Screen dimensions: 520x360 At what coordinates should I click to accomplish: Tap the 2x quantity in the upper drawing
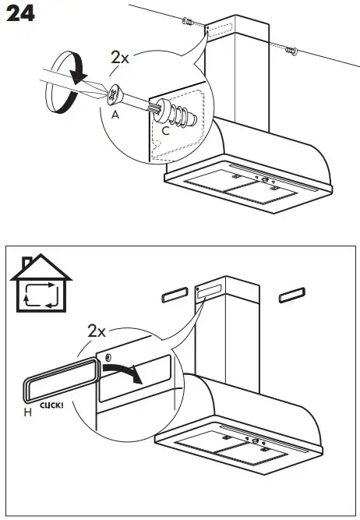click(121, 59)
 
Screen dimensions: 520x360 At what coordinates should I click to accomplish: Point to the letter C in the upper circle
click(164, 130)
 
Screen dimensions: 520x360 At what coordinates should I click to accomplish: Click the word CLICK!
click(51, 406)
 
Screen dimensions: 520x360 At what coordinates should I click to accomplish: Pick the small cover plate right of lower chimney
click(292, 295)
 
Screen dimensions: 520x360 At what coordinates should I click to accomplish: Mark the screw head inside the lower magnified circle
click(106, 358)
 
